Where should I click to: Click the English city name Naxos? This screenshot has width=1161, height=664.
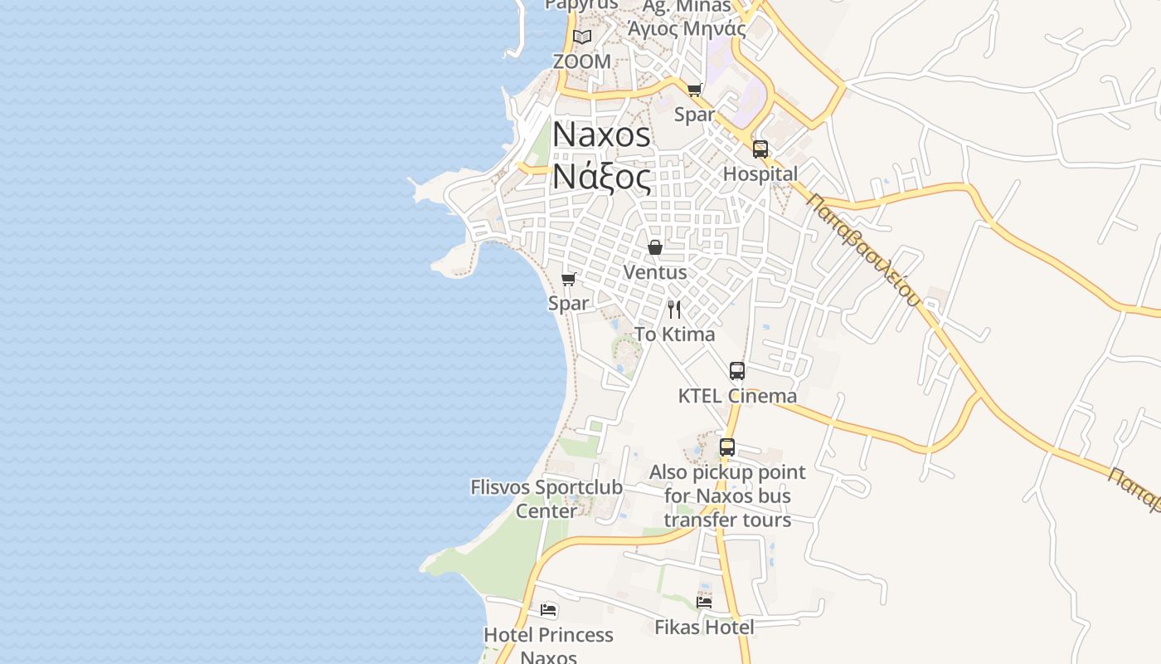tap(601, 134)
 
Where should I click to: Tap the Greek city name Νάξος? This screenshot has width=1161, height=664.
tap(601, 175)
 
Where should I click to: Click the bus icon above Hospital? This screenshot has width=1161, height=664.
tap(760, 149)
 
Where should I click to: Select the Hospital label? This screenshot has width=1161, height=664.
tap(760, 174)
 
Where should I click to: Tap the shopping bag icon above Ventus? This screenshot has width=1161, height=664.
tap(655, 247)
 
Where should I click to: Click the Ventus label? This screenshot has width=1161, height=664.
tap(655, 272)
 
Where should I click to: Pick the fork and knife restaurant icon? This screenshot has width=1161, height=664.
tap(674, 310)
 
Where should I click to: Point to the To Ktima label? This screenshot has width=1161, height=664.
tap(674, 334)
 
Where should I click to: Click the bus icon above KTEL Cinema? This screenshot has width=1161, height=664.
tap(737, 371)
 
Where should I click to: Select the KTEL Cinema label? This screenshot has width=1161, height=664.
tap(737, 396)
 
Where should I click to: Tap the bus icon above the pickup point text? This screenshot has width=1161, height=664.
tap(727, 447)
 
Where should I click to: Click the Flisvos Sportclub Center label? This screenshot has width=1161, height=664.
tap(546, 499)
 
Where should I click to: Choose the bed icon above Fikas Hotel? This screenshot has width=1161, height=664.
tap(704, 603)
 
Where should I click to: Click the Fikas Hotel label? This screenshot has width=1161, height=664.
tap(704, 627)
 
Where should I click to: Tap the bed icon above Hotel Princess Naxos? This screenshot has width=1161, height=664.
tap(548, 610)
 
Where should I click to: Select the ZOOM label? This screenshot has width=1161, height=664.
tap(582, 61)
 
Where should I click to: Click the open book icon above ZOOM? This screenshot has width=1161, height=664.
tap(582, 37)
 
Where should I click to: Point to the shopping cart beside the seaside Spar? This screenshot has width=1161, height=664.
tap(568, 279)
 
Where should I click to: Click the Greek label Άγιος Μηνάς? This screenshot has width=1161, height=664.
tap(687, 29)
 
